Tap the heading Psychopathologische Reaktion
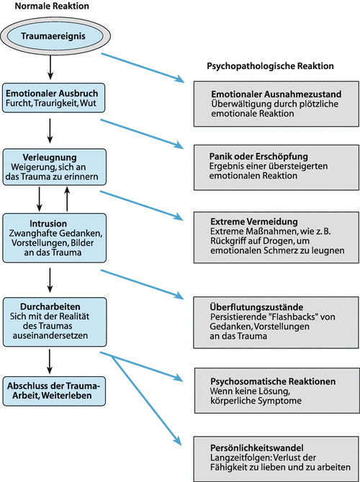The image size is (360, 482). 266,65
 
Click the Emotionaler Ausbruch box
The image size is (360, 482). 55,99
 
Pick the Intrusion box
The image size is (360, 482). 55,238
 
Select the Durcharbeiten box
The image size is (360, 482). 55,314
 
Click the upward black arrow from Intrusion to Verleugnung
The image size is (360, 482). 67,197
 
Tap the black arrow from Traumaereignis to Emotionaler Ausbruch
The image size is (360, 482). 50,66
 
